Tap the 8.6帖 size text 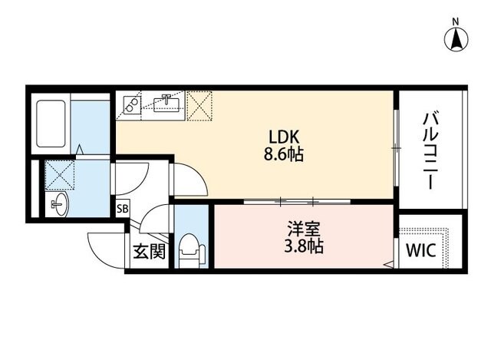click(283, 154)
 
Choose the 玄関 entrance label click(150, 251)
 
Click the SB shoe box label click(122, 208)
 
